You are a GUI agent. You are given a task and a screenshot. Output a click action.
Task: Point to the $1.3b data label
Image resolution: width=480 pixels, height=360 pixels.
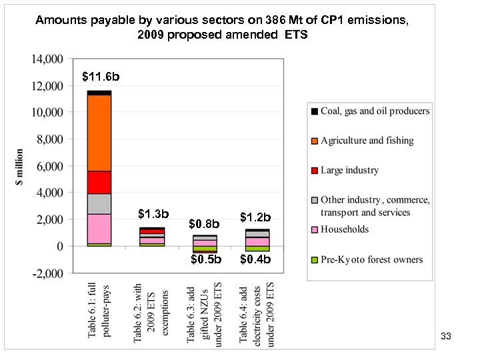[153, 215]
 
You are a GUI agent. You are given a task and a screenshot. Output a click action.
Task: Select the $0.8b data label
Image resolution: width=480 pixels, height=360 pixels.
[205, 223]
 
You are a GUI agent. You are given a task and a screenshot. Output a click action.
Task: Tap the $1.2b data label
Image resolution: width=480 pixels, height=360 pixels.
[255, 217]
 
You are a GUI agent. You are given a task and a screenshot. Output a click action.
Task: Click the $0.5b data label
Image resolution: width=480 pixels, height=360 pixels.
[206, 259]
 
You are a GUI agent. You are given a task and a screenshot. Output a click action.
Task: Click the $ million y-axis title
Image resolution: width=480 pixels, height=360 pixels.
[21, 167]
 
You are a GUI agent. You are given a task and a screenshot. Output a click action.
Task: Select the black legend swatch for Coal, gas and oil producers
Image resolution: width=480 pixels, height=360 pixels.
[313, 111]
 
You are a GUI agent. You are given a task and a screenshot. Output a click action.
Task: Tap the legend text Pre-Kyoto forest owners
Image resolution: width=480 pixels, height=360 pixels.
[371, 259]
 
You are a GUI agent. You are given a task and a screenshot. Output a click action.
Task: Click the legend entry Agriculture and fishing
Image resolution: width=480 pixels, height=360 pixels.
[367, 141]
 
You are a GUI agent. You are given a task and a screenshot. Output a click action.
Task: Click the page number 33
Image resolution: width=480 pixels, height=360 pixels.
[446, 337]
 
